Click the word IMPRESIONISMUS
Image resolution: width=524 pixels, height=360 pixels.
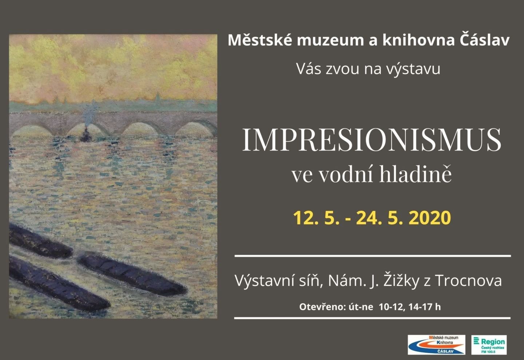[372, 140]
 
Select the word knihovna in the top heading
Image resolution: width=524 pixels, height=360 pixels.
[419, 40]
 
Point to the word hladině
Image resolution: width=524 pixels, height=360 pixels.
[415, 174]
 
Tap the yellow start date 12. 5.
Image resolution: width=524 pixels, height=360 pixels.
[316, 218]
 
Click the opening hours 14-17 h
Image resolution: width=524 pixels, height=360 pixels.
[425, 307]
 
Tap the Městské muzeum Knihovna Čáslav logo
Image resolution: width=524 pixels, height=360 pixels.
[436, 345]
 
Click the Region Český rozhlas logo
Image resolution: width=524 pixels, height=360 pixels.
[489, 345]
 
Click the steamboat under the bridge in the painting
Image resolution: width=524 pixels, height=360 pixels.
[86, 136]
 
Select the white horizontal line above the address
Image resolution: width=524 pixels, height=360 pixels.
[373, 256]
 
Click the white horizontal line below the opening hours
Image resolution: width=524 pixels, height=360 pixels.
[372, 318]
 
